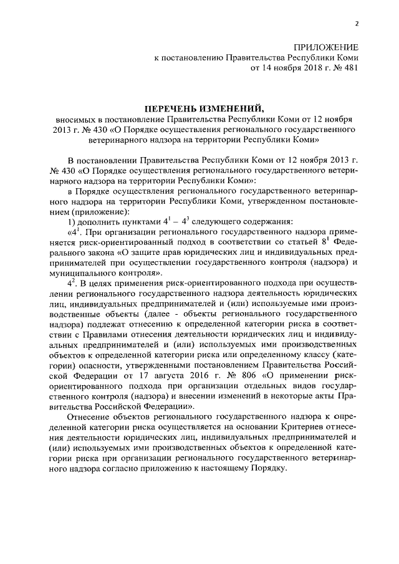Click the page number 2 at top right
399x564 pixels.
(357, 23)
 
